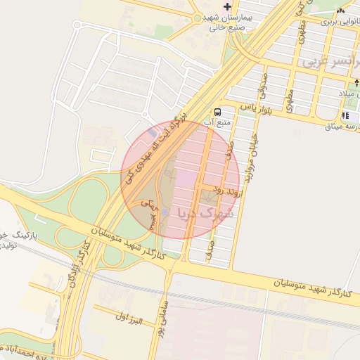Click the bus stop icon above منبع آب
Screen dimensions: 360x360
(218, 111)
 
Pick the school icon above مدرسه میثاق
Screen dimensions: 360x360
(346, 115)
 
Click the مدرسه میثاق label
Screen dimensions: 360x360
(343, 127)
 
